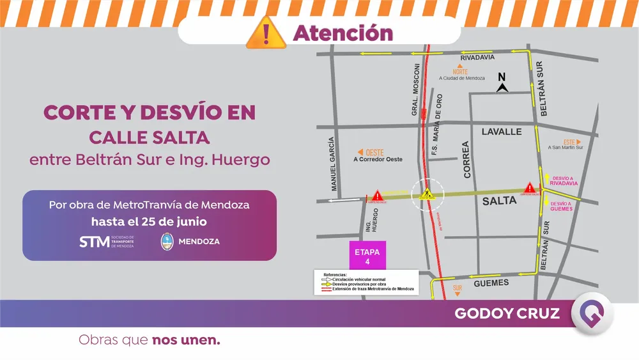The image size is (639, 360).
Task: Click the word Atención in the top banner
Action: (343, 33)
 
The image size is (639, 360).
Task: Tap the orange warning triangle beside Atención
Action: (266, 33)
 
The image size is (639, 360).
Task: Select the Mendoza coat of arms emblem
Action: (167, 241)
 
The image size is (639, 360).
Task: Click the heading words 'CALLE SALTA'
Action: (149, 137)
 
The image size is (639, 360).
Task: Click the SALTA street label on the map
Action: (499, 201)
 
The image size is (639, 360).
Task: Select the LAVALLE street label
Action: (501, 132)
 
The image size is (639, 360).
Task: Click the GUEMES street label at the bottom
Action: (491, 283)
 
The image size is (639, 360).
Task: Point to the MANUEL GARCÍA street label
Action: (332, 164)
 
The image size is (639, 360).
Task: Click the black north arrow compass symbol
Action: (502, 83)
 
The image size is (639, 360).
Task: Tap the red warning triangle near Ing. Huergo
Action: (377, 195)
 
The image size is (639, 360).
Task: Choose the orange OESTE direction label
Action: (371, 152)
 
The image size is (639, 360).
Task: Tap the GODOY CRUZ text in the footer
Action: (507, 313)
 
